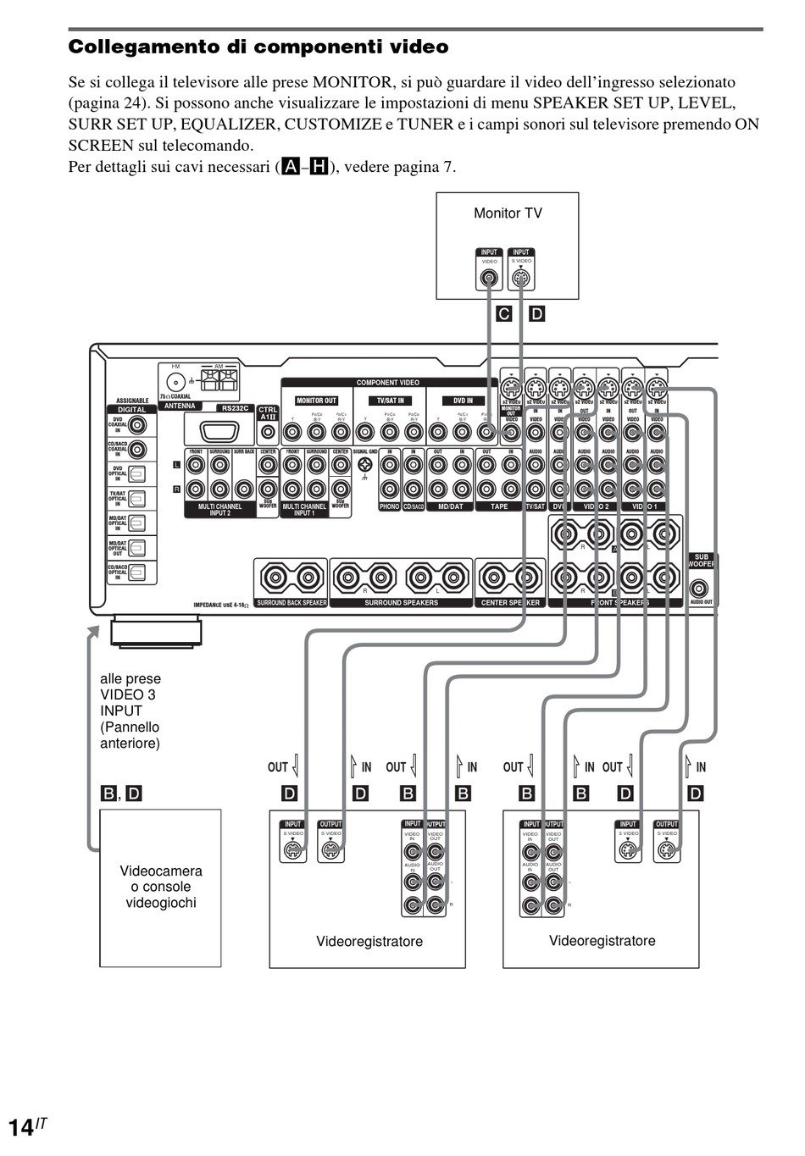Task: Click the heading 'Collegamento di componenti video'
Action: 258,47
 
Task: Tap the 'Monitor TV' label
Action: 508,213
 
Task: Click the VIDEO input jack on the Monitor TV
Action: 490,278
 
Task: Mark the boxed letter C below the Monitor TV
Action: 504,314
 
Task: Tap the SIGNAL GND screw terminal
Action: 365,465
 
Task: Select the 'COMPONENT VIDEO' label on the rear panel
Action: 388,383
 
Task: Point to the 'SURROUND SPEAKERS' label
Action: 401,603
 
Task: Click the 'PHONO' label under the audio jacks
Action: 389,506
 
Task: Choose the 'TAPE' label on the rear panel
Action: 499,506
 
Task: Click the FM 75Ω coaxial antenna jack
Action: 175,383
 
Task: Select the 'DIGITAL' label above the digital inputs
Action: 131,409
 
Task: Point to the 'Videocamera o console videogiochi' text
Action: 161,887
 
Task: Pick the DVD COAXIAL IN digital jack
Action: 137,425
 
